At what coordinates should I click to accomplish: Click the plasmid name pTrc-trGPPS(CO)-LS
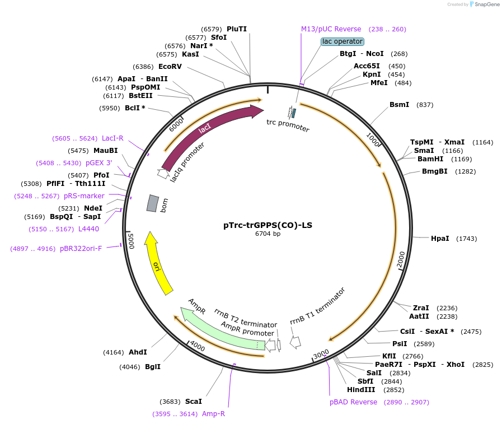[x=268, y=226]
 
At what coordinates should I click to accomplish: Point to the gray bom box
[x=152, y=203]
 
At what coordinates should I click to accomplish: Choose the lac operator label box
[x=343, y=41]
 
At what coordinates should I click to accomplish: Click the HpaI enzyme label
[x=440, y=239]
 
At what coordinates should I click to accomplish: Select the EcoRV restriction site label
[x=170, y=66]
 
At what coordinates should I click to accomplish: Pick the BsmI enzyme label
[x=399, y=105]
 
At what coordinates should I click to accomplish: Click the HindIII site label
[x=360, y=390]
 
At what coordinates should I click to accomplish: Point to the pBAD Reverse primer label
[x=353, y=402]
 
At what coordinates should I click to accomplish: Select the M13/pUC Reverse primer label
[x=331, y=29]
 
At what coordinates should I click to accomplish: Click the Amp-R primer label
[x=213, y=414]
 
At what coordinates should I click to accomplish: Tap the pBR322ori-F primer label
[x=81, y=249]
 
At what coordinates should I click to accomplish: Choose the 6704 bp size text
[x=268, y=234]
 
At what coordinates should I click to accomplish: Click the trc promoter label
[x=288, y=125]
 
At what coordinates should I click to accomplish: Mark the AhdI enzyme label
[x=138, y=352]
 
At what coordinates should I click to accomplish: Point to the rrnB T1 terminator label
[x=317, y=306]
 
